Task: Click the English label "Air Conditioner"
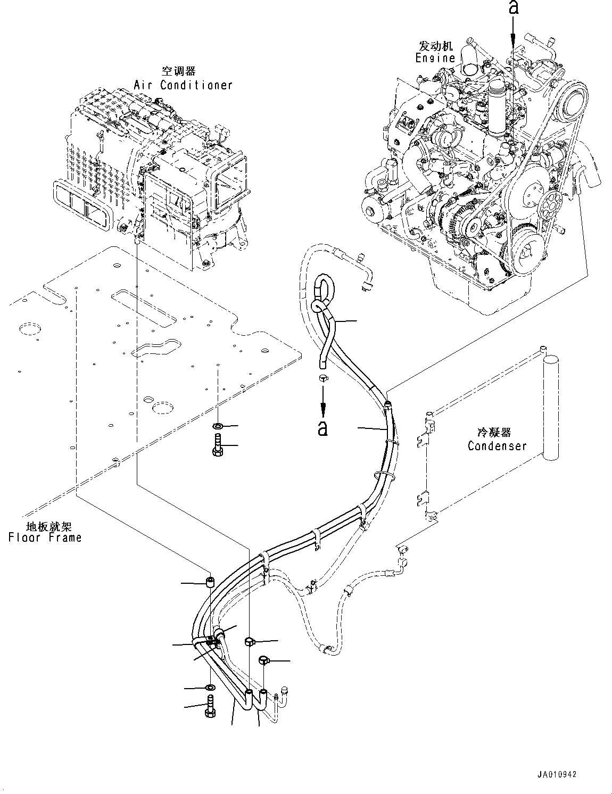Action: coord(183,85)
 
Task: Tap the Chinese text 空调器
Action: coord(179,71)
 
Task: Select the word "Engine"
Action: coord(435,58)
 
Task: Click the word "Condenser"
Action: coord(497,445)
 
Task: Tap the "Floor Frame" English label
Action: coord(45,537)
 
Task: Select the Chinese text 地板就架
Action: coord(45,526)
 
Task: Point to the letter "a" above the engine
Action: coord(513,7)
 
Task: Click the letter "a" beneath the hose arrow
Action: coord(322,428)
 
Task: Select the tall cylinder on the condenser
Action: coord(550,407)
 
